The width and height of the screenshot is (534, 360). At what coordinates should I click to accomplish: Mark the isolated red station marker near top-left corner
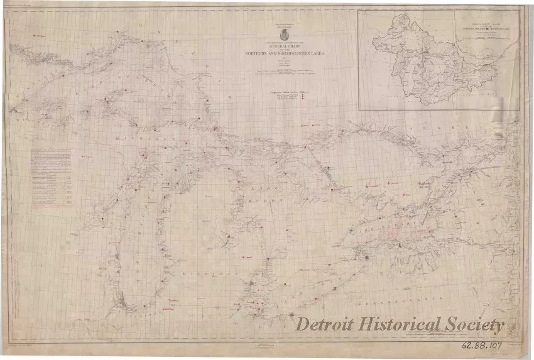35,36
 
